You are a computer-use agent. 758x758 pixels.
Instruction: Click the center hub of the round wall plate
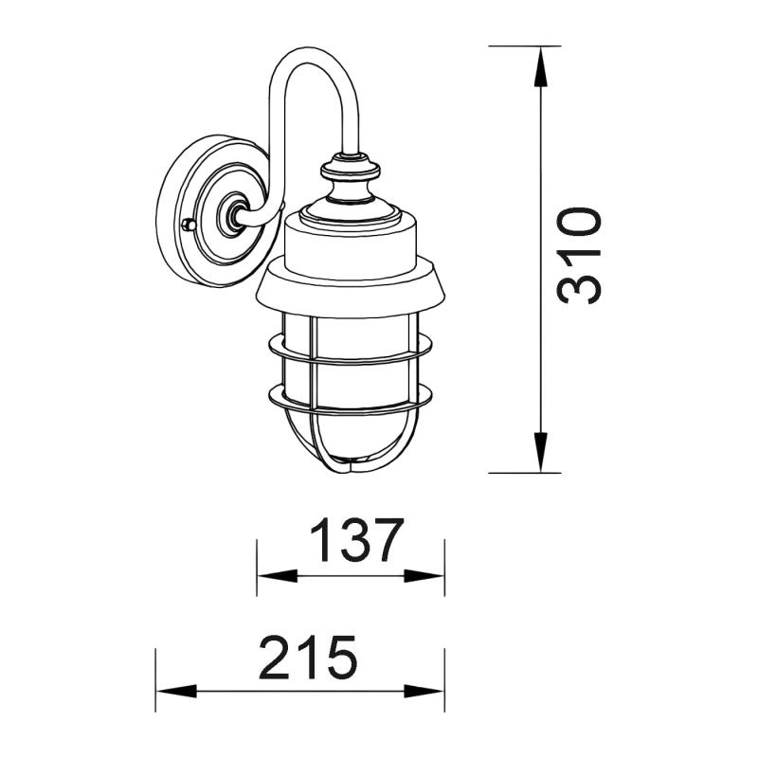tap(229, 217)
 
